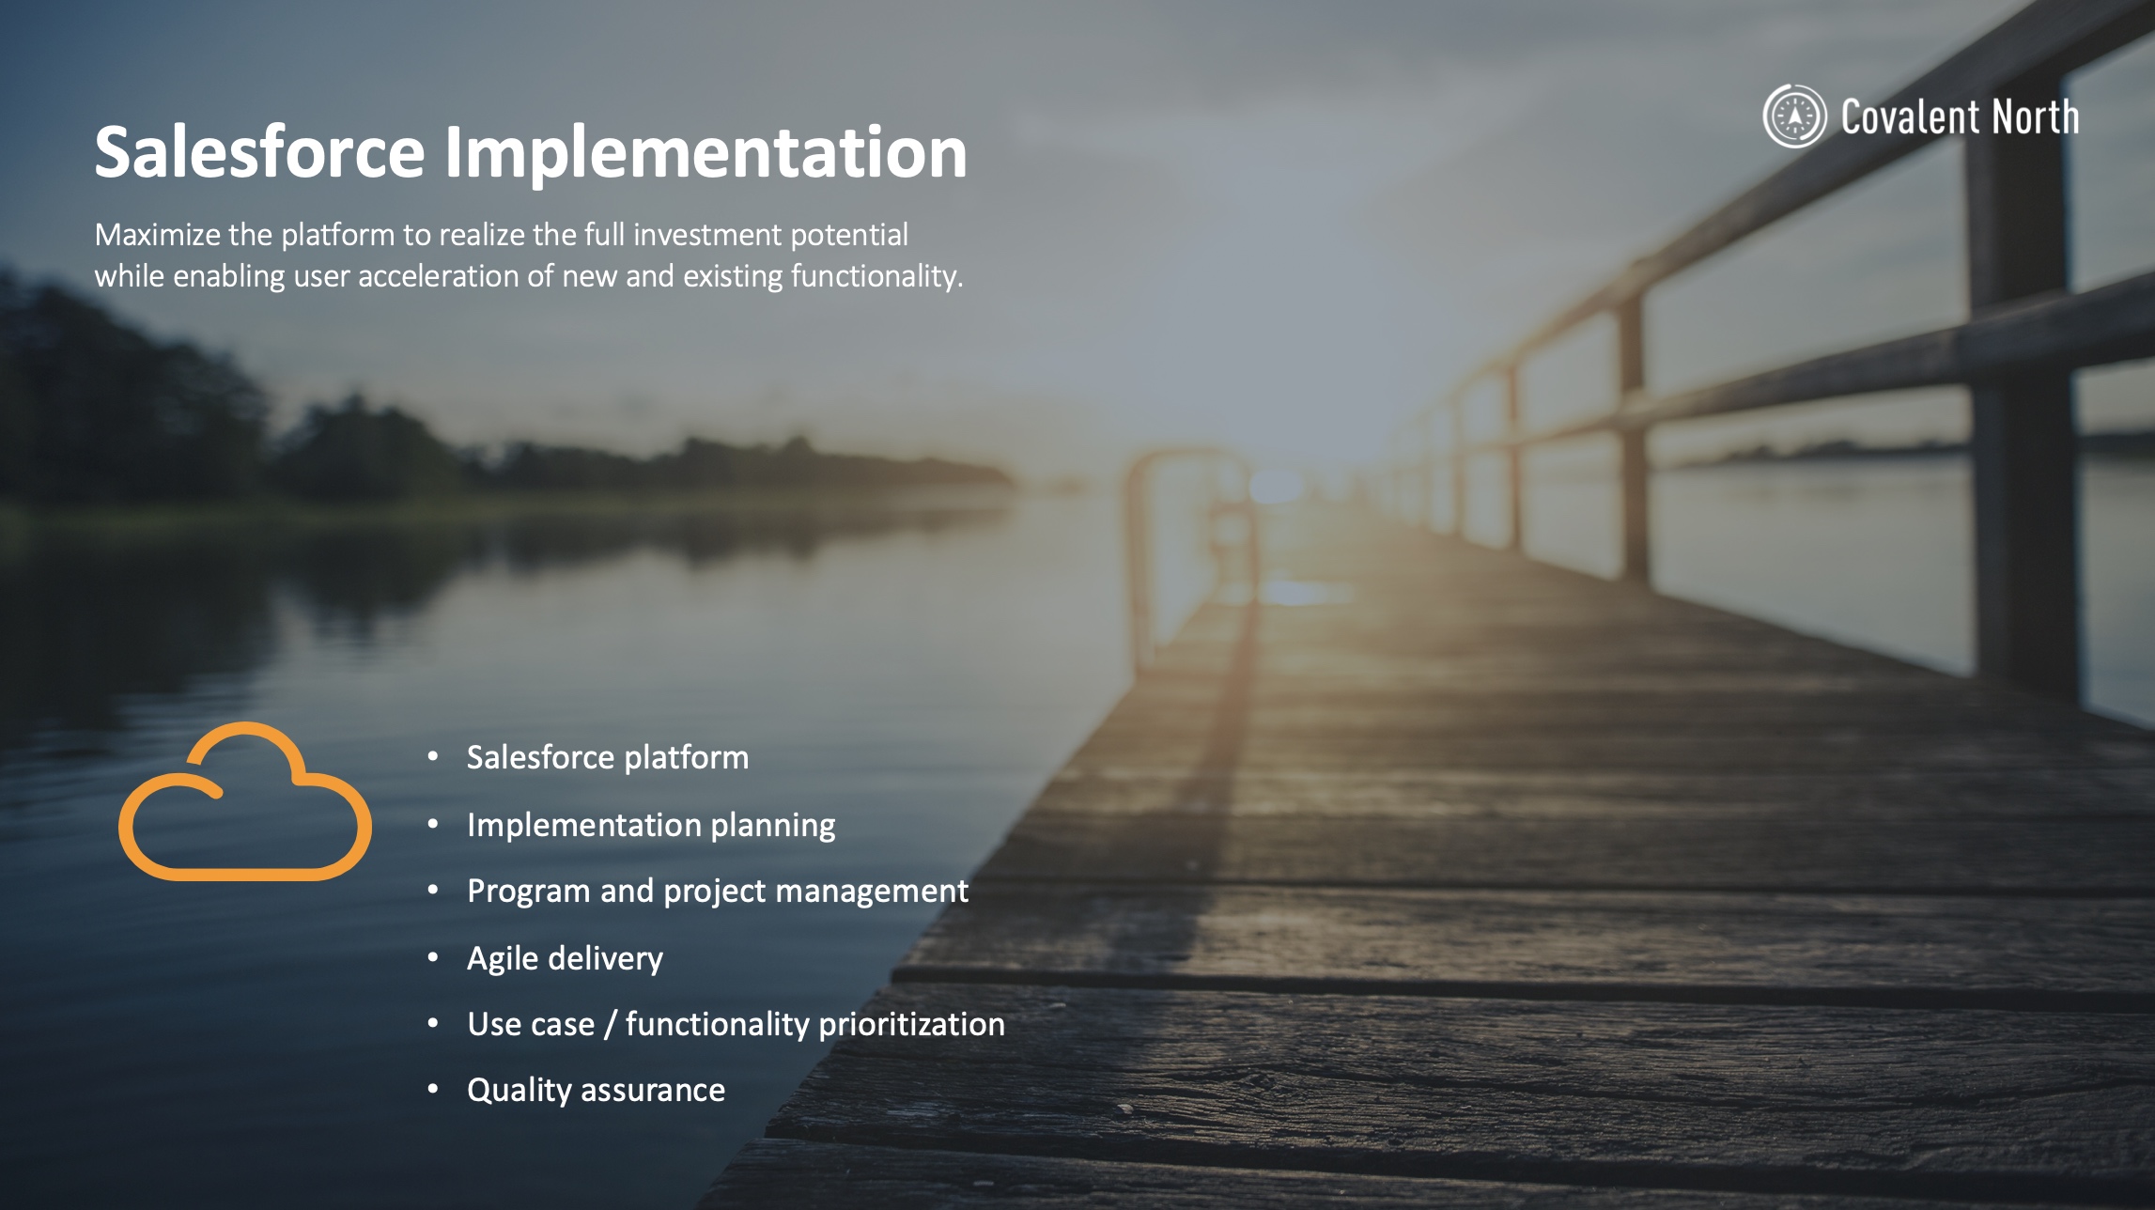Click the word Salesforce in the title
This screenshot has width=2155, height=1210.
tap(260, 151)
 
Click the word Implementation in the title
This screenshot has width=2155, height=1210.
tap(705, 153)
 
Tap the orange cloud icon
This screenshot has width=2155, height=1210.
tap(244, 801)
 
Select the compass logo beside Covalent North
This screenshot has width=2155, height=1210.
tap(1794, 116)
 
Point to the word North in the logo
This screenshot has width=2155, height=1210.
tap(2036, 117)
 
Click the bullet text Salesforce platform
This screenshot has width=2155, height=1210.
tap(608, 758)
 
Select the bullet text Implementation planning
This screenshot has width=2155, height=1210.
tap(651, 826)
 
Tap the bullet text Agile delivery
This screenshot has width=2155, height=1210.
tap(565, 959)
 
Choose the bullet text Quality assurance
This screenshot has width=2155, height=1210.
tap(596, 1091)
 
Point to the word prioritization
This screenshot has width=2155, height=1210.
tap(910, 1025)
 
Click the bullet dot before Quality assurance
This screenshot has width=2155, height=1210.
tap(433, 1090)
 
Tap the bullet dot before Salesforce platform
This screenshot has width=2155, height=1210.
tap(433, 756)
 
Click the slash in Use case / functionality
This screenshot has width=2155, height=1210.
tap(611, 1025)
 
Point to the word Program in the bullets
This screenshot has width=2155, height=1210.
tap(529, 892)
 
